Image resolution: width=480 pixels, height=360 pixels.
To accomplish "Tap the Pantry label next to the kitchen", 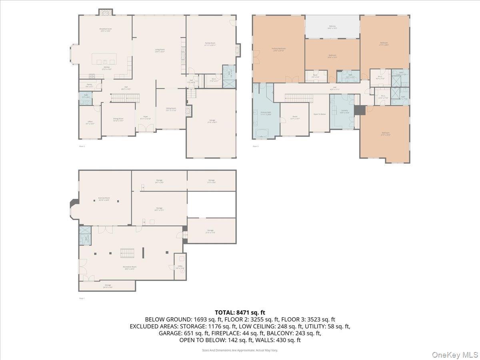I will (90, 85).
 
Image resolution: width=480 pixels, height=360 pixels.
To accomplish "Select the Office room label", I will (90, 122).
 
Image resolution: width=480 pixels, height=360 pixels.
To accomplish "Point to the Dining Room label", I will (118, 119).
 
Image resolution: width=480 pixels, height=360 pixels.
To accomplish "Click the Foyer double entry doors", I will (146, 128).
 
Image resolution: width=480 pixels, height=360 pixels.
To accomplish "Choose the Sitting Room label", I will (171, 109).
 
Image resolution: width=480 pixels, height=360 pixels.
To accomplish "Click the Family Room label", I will (210, 44).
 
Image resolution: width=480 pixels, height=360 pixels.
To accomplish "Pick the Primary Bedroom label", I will (279, 49).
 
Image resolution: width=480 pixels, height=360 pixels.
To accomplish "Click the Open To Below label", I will (320, 114).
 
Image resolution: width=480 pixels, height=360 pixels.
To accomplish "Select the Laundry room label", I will (344, 111).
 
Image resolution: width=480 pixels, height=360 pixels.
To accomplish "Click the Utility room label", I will (177, 268).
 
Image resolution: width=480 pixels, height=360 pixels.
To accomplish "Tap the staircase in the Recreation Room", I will (128, 253).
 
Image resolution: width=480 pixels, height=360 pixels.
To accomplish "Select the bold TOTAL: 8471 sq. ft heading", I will (240, 312).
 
